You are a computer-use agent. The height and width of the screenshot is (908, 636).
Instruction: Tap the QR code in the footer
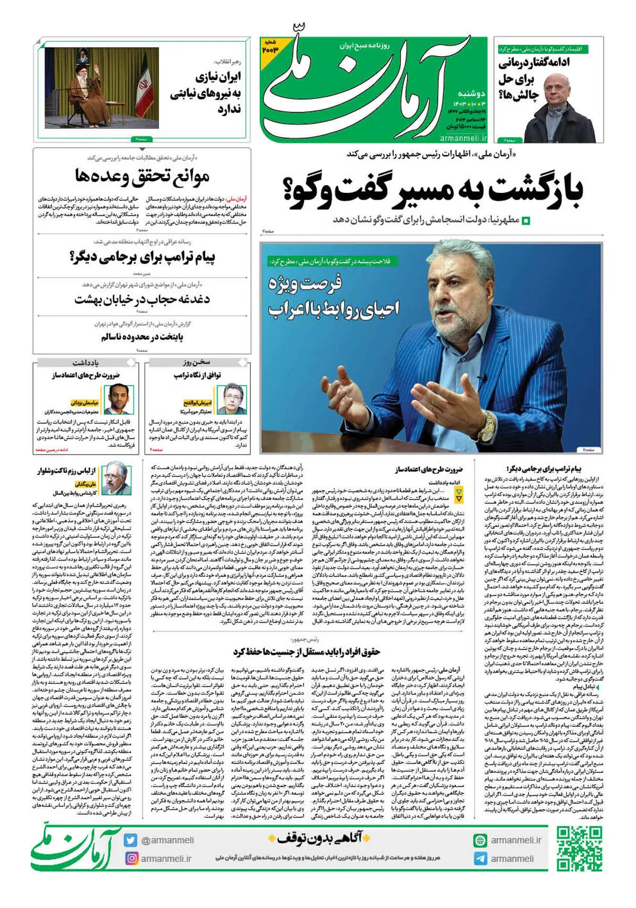tap(580, 849)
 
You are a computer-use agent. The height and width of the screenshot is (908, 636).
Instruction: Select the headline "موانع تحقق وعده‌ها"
tap(142, 176)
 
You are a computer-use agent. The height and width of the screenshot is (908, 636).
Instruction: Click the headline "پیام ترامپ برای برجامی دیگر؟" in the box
tap(142, 257)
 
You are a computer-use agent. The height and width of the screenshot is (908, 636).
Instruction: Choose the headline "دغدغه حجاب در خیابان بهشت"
tap(142, 299)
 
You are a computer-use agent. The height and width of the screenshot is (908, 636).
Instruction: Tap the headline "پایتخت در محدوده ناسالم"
tap(142, 337)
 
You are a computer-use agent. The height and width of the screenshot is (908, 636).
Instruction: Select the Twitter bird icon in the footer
tap(131, 840)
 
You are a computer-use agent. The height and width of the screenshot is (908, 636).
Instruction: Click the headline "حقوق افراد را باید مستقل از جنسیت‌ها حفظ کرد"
tap(306, 652)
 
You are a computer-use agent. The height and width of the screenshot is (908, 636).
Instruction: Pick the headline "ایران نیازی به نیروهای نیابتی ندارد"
tap(207, 93)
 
